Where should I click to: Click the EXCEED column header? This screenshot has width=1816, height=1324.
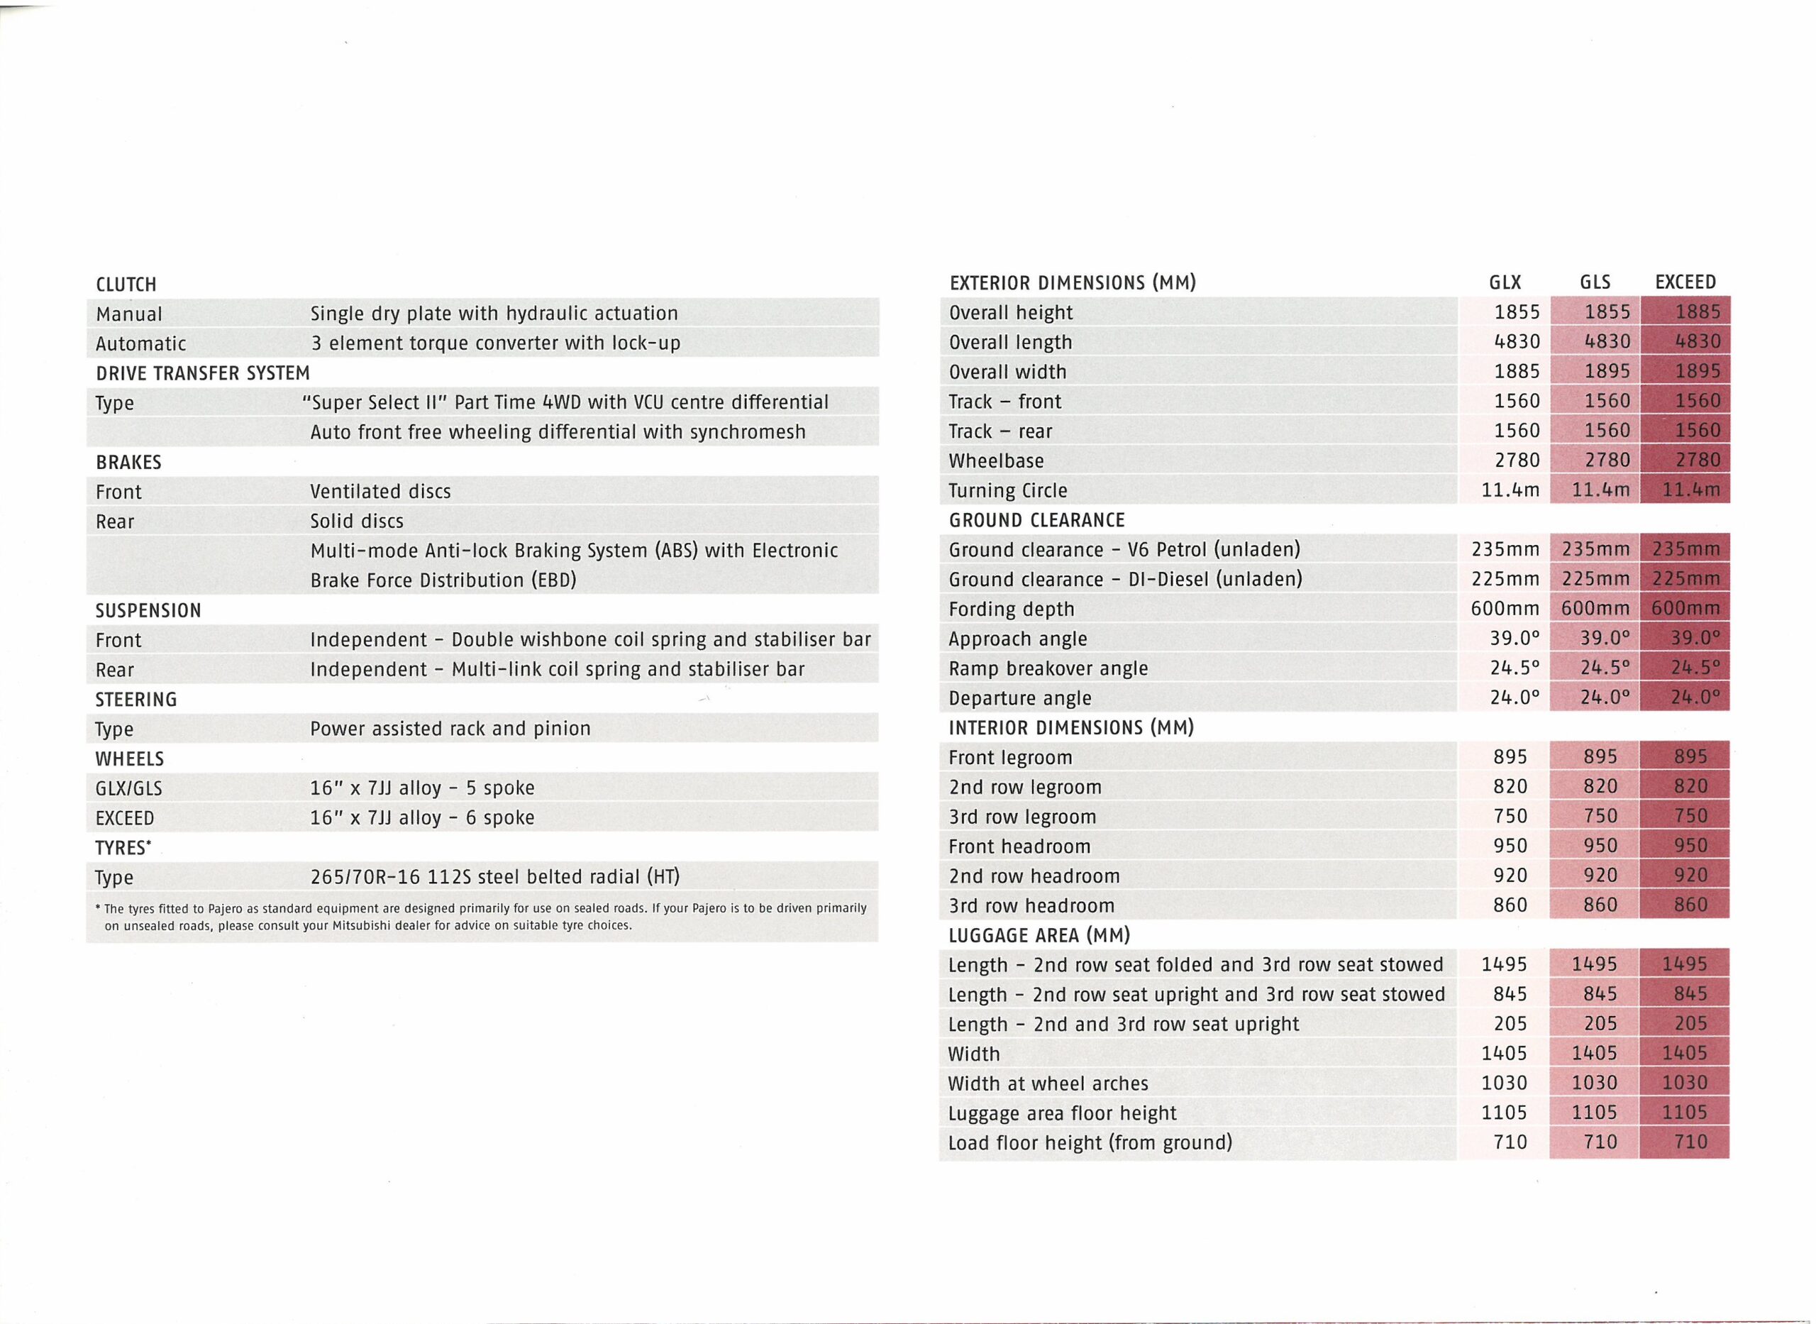pos(1685,282)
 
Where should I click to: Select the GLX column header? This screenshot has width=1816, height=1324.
pos(1505,282)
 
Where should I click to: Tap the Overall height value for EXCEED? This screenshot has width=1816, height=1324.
pos(1698,311)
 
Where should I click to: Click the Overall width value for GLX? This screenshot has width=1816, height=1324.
pos(1517,371)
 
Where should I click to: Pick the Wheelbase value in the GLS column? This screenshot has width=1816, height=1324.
pos(1606,460)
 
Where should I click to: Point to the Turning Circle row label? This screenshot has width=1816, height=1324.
pos(1008,490)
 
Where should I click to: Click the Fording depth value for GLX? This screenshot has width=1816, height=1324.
pos(1505,609)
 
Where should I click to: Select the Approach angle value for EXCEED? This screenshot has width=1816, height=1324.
pos(1696,639)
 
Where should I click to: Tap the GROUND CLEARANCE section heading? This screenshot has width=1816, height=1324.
pos(1036,520)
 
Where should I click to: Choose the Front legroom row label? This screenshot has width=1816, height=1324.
pos(1009,757)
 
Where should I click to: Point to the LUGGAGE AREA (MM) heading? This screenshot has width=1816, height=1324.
pos(1039,935)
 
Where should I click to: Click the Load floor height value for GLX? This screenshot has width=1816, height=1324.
pos(1510,1142)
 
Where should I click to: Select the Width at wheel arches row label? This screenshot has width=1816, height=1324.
pos(1048,1083)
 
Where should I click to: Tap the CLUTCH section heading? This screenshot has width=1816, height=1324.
pos(126,285)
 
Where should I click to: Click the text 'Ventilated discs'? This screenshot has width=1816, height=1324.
pos(380,491)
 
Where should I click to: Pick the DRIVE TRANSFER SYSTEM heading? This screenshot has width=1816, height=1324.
pos(203,373)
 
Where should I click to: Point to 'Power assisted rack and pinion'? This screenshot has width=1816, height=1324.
pos(450,729)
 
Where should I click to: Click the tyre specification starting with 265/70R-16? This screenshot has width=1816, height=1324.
pos(494,877)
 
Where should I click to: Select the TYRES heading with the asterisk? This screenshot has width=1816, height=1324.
pos(123,848)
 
